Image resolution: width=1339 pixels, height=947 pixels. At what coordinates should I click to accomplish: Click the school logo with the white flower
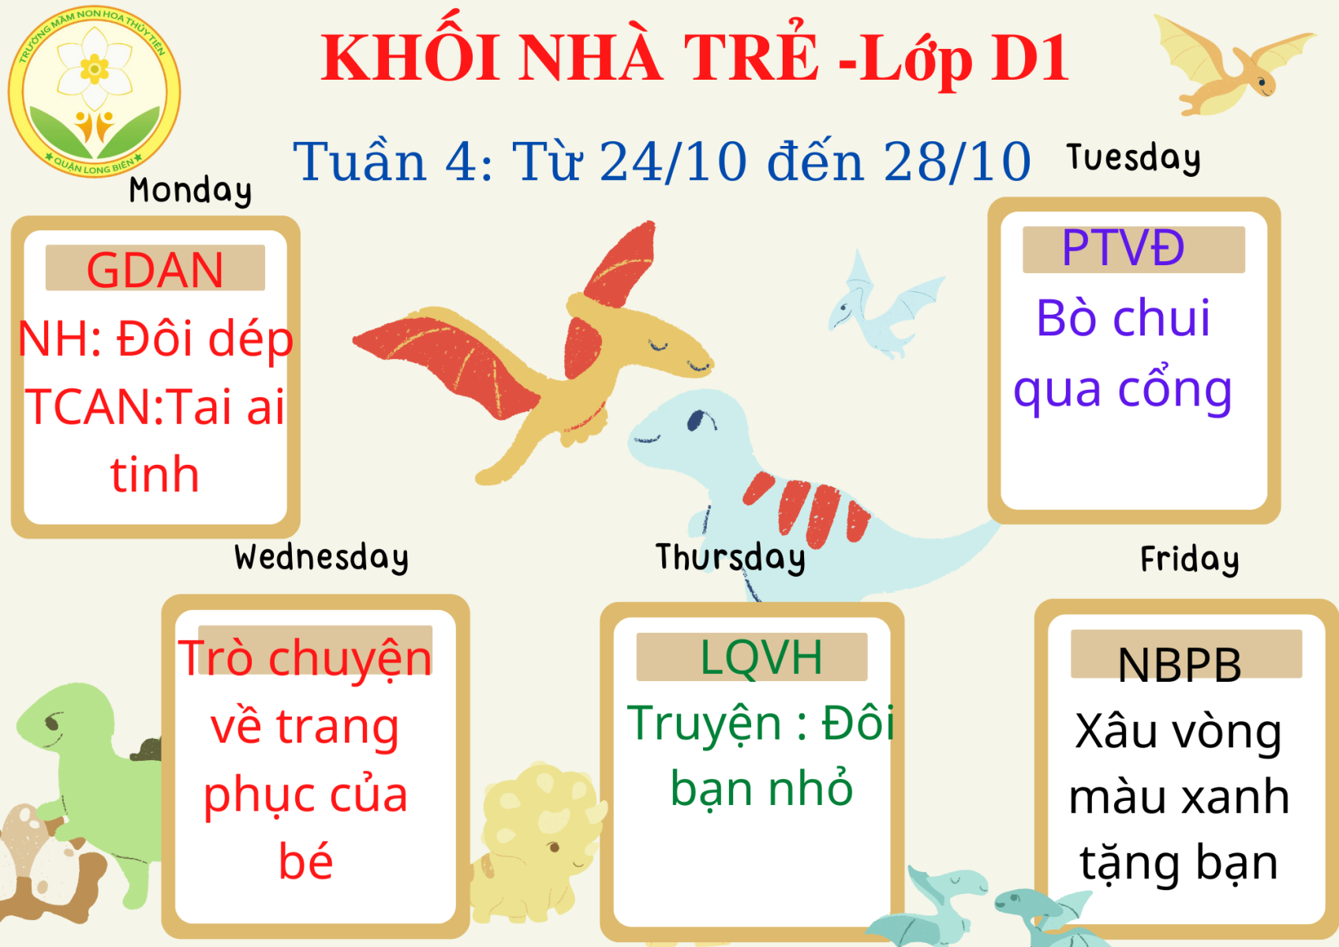[94, 92]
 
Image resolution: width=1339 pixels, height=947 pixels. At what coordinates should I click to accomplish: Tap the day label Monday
[190, 191]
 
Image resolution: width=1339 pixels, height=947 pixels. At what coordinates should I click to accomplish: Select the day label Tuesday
[1133, 158]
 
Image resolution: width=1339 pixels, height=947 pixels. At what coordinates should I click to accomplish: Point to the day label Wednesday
[322, 558]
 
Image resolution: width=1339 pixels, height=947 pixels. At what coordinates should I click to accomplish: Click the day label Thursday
[731, 558]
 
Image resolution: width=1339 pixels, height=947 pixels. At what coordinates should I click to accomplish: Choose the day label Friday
[1190, 560]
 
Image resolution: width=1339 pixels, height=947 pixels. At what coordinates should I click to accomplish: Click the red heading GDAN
[155, 270]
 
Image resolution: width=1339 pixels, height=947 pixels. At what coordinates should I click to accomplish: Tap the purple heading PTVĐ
[1124, 248]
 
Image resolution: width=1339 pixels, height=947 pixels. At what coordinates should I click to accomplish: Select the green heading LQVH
[761, 657]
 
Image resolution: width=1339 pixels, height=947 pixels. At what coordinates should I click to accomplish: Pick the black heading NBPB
[1180, 664]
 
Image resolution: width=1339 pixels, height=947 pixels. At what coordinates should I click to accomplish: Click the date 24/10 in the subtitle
[673, 162]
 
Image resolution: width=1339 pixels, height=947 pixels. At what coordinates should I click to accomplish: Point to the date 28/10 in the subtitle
[957, 162]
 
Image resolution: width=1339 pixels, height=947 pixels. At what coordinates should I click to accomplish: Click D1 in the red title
[1030, 58]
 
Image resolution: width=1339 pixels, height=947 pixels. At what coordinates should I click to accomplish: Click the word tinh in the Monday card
[154, 474]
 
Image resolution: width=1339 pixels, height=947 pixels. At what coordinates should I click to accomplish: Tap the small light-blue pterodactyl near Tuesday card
[884, 305]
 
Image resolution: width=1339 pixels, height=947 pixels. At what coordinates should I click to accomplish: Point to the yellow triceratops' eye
[554, 847]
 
